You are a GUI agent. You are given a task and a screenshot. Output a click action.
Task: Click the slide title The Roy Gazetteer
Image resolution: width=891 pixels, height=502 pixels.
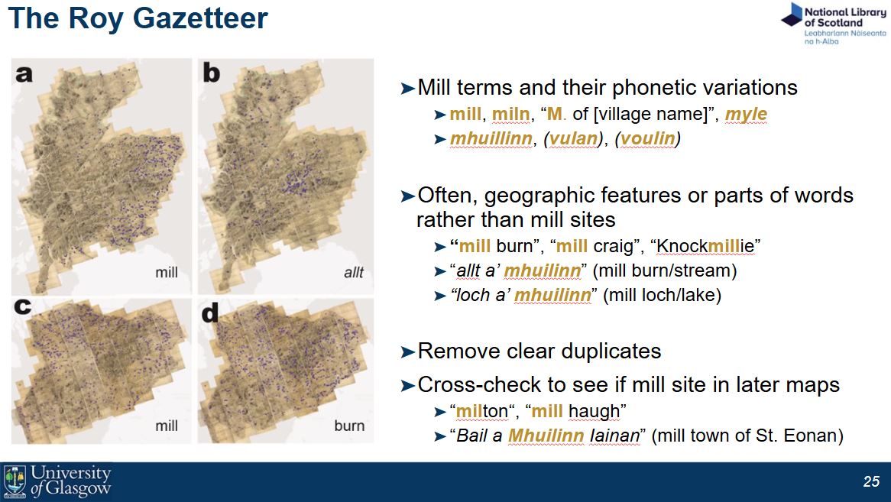click(x=138, y=18)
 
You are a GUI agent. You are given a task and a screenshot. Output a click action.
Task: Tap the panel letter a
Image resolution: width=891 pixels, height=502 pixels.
click(x=24, y=73)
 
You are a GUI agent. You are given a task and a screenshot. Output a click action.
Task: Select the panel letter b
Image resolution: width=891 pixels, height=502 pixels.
click(x=210, y=73)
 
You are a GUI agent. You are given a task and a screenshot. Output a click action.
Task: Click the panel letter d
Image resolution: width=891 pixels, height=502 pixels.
click(x=210, y=313)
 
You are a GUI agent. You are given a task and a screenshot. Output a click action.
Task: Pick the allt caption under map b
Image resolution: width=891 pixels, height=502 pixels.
click(x=354, y=272)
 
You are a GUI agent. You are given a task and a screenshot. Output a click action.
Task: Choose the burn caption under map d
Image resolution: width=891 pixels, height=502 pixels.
click(x=349, y=426)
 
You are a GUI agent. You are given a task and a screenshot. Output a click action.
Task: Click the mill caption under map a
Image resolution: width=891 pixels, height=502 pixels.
click(x=167, y=272)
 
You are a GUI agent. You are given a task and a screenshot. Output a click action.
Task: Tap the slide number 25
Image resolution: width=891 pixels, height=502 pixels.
click(x=871, y=481)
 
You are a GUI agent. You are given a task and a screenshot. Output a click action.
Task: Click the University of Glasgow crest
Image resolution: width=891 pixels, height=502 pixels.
click(x=15, y=481)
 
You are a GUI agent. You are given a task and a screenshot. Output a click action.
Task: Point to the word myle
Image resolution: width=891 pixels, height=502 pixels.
click(x=746, y=115)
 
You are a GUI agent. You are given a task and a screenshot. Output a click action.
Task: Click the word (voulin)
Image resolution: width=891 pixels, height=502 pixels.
click(x=648, y=139)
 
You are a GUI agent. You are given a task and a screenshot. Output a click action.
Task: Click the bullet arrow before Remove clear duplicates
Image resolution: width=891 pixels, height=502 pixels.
click(x=407, y=351)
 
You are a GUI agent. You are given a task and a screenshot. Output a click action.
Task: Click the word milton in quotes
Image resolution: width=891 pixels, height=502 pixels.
click(x=482, y=412)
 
